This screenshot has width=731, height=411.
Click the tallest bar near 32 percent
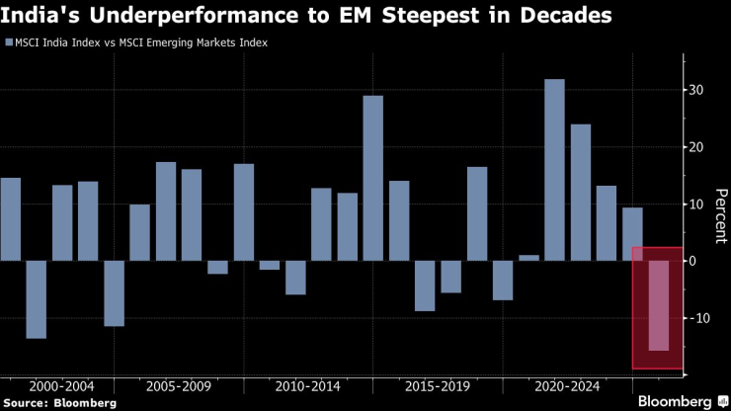point(555,169)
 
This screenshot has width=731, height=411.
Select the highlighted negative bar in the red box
point(658,304)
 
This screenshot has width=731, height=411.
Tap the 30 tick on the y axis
point(696,91)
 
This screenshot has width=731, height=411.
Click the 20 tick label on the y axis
point(696,147)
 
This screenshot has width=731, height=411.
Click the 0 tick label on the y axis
point(694,261)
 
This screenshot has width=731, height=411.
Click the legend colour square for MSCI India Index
point(9,43)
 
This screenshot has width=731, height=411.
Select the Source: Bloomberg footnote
point(58,402)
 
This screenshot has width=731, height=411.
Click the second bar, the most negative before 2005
point(37,299)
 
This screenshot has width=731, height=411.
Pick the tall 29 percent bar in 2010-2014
point(373,178)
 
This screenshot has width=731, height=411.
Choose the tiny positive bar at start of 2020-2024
point(529,258)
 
